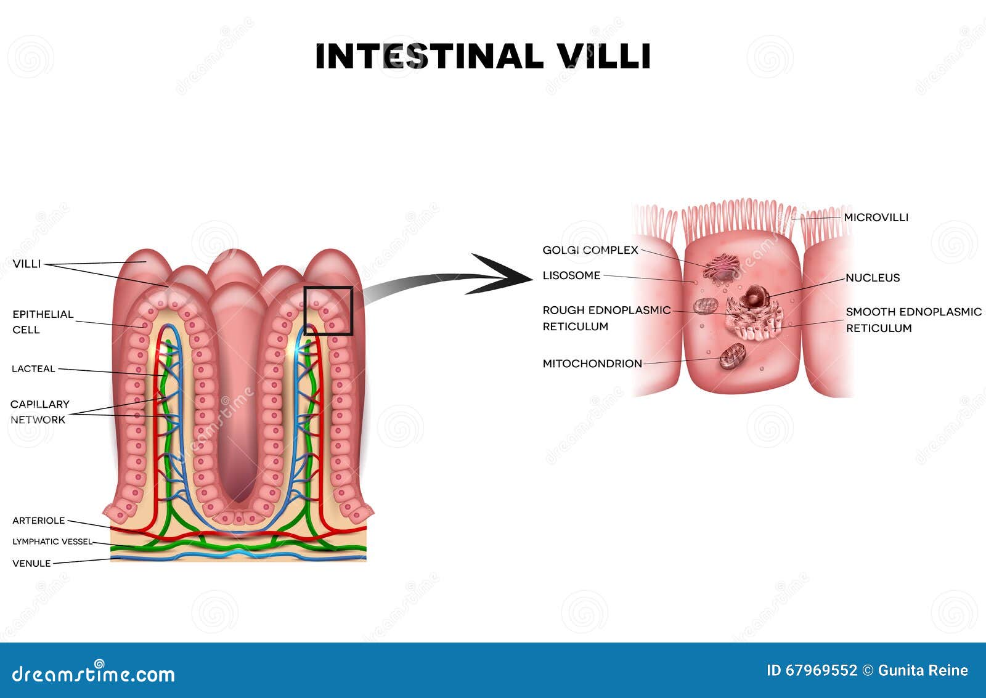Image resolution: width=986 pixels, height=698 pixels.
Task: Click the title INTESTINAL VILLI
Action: [x=483, y=56]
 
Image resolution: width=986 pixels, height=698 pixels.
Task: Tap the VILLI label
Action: [x=27, y=264]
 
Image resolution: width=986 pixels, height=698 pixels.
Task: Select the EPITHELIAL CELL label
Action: [x=43, y=322]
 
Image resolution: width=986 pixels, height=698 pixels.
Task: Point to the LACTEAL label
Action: [x=33, y=369]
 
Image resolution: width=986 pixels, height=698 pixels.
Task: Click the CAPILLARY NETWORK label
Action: [x=39, y=412]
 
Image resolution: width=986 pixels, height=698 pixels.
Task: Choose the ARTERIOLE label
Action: [x=39, y=521]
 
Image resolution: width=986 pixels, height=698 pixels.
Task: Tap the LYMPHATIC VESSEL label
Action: [x=52, y=542]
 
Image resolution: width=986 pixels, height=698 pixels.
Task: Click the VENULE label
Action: [x=31, y=563]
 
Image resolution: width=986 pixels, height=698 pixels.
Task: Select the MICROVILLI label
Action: [x=876, y=217]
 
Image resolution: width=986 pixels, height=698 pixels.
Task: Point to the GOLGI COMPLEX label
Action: [x=590, y=250]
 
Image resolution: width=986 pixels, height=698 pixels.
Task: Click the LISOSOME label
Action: [x=571, y=275]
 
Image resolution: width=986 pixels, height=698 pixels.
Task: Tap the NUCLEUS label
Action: [x=873, y=278]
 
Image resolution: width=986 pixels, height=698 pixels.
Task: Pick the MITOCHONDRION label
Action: [x=592, y=363]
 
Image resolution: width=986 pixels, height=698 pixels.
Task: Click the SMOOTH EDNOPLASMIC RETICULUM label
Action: [x=914, y=320]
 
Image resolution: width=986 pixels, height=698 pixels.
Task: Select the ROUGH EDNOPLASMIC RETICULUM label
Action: [x=606, y=318]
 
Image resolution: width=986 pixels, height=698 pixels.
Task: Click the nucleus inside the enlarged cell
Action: [x=754, y=296]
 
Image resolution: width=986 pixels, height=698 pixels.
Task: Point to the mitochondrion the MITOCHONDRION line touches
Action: [x=733, y=355]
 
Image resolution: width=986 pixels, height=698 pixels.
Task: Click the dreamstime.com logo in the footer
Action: [x=93, y=673]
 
